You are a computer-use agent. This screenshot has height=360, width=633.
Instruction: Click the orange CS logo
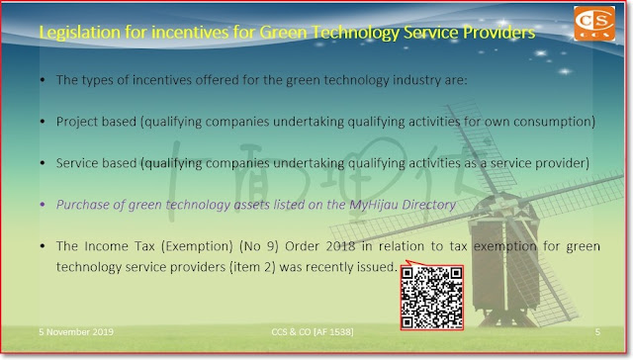pyautogui.click(x=594, y=24)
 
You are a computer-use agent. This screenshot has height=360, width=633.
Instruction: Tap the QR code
pyautogui.click(x=431, y=297)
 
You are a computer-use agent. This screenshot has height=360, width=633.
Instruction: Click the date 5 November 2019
pyautogui.click(x=76, y=331)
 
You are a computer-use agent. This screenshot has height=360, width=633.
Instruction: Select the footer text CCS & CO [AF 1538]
pyautogui.click(x=313, y=331)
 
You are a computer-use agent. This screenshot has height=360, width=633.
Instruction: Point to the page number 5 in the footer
pyautogui.click(x=597, y=331)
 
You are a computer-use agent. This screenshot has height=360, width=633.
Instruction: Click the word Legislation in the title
pyautogui.click(x=79, y=33)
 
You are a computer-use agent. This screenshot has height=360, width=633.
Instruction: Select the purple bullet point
pyautogui.click(x=43, y=205)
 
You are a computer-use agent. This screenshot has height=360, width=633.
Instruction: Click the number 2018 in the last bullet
pyautogui.click(x=340, y=246)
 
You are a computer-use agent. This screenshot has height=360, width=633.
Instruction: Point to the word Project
pyautogui.click(x=76, y=122)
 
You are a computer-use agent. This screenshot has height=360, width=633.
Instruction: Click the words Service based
pyautogui.click(x=97, y=163)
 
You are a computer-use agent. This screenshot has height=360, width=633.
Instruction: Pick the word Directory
pyautogui.click(x=428, y=205)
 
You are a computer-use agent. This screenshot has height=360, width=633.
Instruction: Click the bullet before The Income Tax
pyautogui.click(x=43, y=246)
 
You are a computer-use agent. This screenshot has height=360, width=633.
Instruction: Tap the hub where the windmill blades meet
pyautogui.click(x=498, y=198)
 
